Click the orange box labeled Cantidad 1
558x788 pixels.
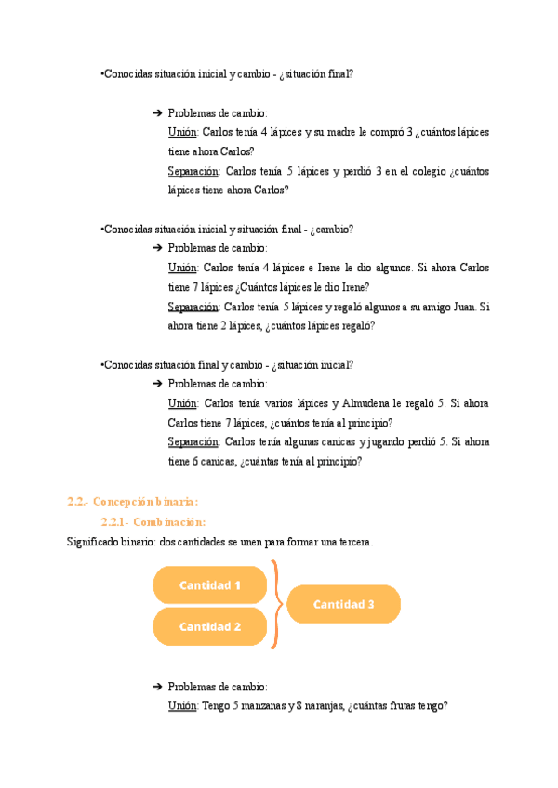click(210, 585)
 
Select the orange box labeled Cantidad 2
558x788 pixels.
click(210, 626)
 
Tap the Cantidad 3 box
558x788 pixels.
click(343, 604)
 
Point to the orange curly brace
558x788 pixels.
click(275, 604)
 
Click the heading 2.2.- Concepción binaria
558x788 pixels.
click(133, 502)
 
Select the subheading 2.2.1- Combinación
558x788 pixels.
click(153, 521)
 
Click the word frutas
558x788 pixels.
click(401, 706)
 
